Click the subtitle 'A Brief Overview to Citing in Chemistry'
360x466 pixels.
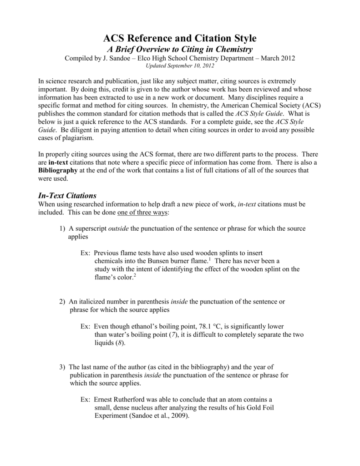coord(180,49)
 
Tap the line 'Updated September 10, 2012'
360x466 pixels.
coord(180,66)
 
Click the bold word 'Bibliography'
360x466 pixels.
coord(58,170)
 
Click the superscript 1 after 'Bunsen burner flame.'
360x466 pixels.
coord(209,258)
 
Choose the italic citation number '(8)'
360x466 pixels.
coord(118,343)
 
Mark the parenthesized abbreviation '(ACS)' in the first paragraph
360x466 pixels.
coord(309,105)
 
